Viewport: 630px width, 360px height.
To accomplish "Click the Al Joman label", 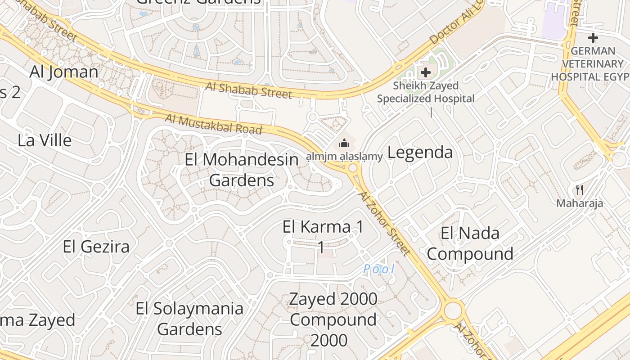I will click(64, 72).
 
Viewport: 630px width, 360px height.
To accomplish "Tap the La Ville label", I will click(45, 140).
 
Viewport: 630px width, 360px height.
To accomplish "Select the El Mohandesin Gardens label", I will click(242, 170).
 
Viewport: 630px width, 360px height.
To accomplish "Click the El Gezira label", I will click(96, 247).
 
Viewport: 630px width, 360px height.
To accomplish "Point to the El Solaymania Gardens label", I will click(189, 319).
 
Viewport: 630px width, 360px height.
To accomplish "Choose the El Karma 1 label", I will click(323, 227).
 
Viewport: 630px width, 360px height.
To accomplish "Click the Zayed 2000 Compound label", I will click(333, 319).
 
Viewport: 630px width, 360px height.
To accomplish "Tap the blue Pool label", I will click(379, 269).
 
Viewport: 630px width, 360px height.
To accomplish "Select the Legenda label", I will click(420, 152).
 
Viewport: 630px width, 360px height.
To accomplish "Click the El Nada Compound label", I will click(470, 243).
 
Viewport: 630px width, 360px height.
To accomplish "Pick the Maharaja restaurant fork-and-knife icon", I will click(580, 190).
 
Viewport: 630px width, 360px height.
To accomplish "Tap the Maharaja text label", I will click(580, 203).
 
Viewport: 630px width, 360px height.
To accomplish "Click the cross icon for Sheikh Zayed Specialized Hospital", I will click(425, 72).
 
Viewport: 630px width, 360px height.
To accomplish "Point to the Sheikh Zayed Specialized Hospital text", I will click(426, 92).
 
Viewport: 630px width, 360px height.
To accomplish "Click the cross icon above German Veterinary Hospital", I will click(593, 37).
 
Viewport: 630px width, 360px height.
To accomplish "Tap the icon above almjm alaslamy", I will click(344, 144).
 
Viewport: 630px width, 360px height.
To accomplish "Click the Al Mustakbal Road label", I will click(213, 124).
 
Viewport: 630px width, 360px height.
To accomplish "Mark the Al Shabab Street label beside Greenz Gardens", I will click(249, 90).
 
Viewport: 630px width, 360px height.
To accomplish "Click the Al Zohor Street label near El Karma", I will click(385, 223).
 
